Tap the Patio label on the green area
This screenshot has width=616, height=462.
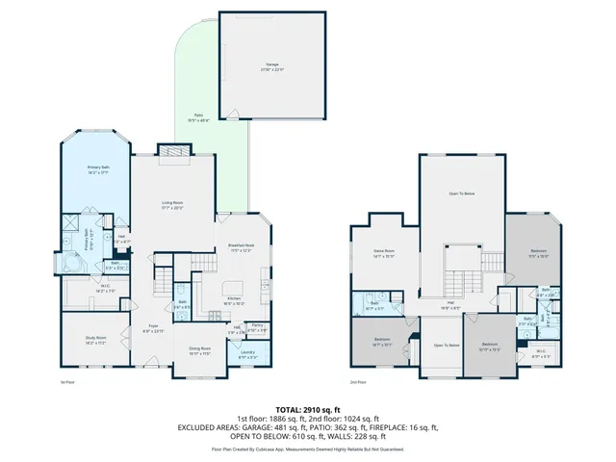197,118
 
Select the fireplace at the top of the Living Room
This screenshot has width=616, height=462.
172,150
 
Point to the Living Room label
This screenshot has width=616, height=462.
172,203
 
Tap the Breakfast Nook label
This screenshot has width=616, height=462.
242,247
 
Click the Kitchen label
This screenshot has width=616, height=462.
234,299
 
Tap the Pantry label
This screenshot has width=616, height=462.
256,326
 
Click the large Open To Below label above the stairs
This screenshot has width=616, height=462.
461,194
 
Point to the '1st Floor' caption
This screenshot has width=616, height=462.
67,383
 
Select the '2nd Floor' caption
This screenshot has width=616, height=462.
356,383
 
